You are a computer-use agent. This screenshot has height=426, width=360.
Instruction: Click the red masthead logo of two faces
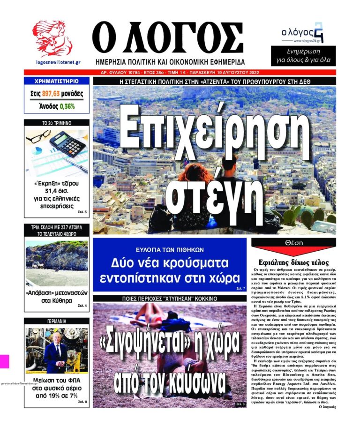(x=52, y=39)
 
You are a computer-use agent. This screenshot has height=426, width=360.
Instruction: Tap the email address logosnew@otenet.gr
(x=52, y=62)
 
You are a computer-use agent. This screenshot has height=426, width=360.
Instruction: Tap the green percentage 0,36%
(x=67, y=106)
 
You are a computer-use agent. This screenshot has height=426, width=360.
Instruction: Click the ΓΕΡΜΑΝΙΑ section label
(x=56, y=322)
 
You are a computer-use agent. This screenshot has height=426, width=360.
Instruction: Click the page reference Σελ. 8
(x=82, y=402)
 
